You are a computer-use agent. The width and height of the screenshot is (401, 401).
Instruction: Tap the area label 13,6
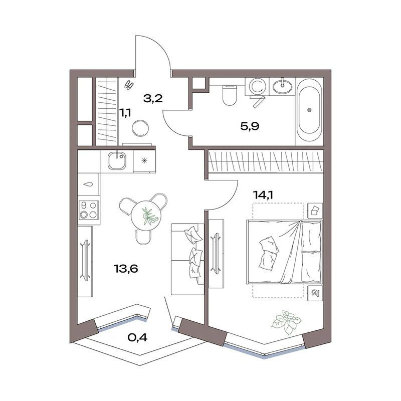point(126,269)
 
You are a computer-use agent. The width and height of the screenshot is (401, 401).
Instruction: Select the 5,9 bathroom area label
point(250,127)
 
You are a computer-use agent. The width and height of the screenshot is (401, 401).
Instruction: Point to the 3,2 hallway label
point(153,98)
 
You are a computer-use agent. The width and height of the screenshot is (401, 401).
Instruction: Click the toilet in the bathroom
point(230,95)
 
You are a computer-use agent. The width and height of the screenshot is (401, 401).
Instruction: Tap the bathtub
point(309,110)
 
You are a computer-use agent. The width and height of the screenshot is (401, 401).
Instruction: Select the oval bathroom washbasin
point(283,86)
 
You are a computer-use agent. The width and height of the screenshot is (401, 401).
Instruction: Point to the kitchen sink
point(117,161)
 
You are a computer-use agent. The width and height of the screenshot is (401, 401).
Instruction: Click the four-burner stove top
point(89,210)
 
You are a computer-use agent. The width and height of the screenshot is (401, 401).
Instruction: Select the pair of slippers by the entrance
point(129,85)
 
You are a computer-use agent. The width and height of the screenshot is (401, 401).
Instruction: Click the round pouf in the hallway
point(140,128)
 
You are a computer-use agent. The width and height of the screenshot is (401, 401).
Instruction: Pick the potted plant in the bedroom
point(287,322)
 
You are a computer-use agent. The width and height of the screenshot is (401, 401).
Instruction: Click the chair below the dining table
point(143,237)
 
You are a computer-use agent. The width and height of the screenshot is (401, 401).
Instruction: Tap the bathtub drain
point(309,110)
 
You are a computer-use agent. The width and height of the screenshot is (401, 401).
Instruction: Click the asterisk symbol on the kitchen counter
point(144,161)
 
